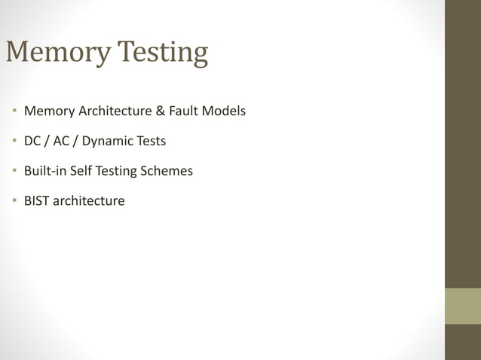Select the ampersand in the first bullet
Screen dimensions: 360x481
coord(160,111)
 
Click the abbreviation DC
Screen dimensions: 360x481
coord(33,141)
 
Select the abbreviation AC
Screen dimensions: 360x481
coord(61,141)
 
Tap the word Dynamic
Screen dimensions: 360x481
coord(106,142)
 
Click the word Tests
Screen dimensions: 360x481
coord(151,141)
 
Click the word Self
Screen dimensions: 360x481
coord(81,171)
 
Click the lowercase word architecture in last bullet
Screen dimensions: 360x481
coord(90,201)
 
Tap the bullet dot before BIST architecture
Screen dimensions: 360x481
coord(14,201)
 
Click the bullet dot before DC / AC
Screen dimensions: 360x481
coord(14,142)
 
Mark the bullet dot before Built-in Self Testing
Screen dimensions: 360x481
coord(14,171)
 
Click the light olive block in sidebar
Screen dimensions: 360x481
coord(462,306)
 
